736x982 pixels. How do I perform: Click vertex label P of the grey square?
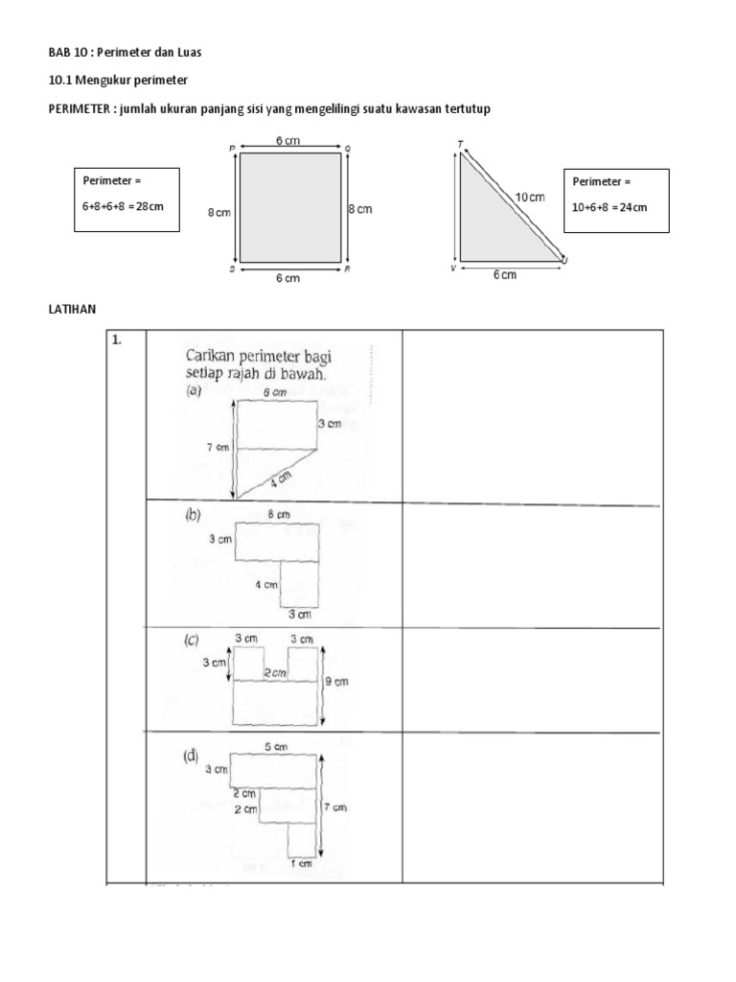coord(233,148)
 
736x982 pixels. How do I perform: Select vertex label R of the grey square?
coord(347,270)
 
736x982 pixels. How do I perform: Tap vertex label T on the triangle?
coord(461,145)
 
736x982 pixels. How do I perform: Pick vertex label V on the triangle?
coord(452,269)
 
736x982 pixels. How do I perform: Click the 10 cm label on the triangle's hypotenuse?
coord(530,197)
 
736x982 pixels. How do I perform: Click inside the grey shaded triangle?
coord(485,230)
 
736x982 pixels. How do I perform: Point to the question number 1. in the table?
coord(117,339)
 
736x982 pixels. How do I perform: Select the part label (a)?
coord(194,391)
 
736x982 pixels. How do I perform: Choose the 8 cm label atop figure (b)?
coord(278,514)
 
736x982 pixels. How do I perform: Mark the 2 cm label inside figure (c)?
coord(276,673)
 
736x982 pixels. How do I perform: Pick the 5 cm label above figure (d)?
coord(278,746)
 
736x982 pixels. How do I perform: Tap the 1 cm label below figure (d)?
coord(301,864)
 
